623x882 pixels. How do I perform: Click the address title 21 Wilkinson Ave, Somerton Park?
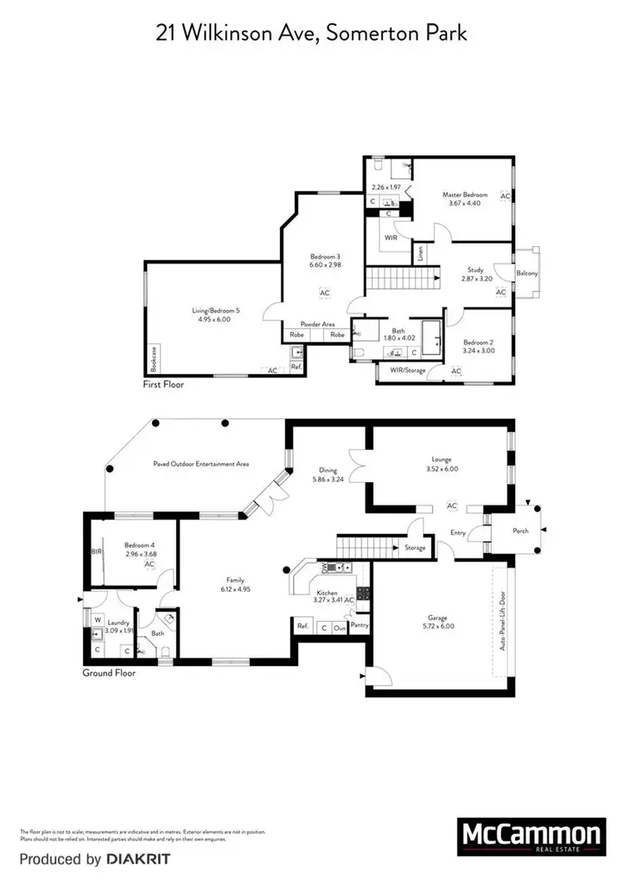click(x=311, y=33)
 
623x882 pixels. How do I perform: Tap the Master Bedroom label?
click(x=464, y=195)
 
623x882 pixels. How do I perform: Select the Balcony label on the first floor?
click(x=527, y=273)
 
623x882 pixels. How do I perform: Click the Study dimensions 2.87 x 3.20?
click(x=477, y=279)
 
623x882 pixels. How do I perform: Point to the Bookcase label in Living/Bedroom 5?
click(x=154, y=359)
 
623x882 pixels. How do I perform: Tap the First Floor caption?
click(x=164, y=386)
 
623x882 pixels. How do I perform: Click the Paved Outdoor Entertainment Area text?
click(x=201, y=464)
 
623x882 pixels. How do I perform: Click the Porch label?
click(x=520, y=531)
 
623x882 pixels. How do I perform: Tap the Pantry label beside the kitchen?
click(x=360, y=624)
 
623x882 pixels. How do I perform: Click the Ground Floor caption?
click(x=109, y=673)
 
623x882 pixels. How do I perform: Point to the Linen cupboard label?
click(x=422, y=254)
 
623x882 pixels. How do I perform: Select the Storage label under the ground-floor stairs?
click(x=415, y=547)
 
